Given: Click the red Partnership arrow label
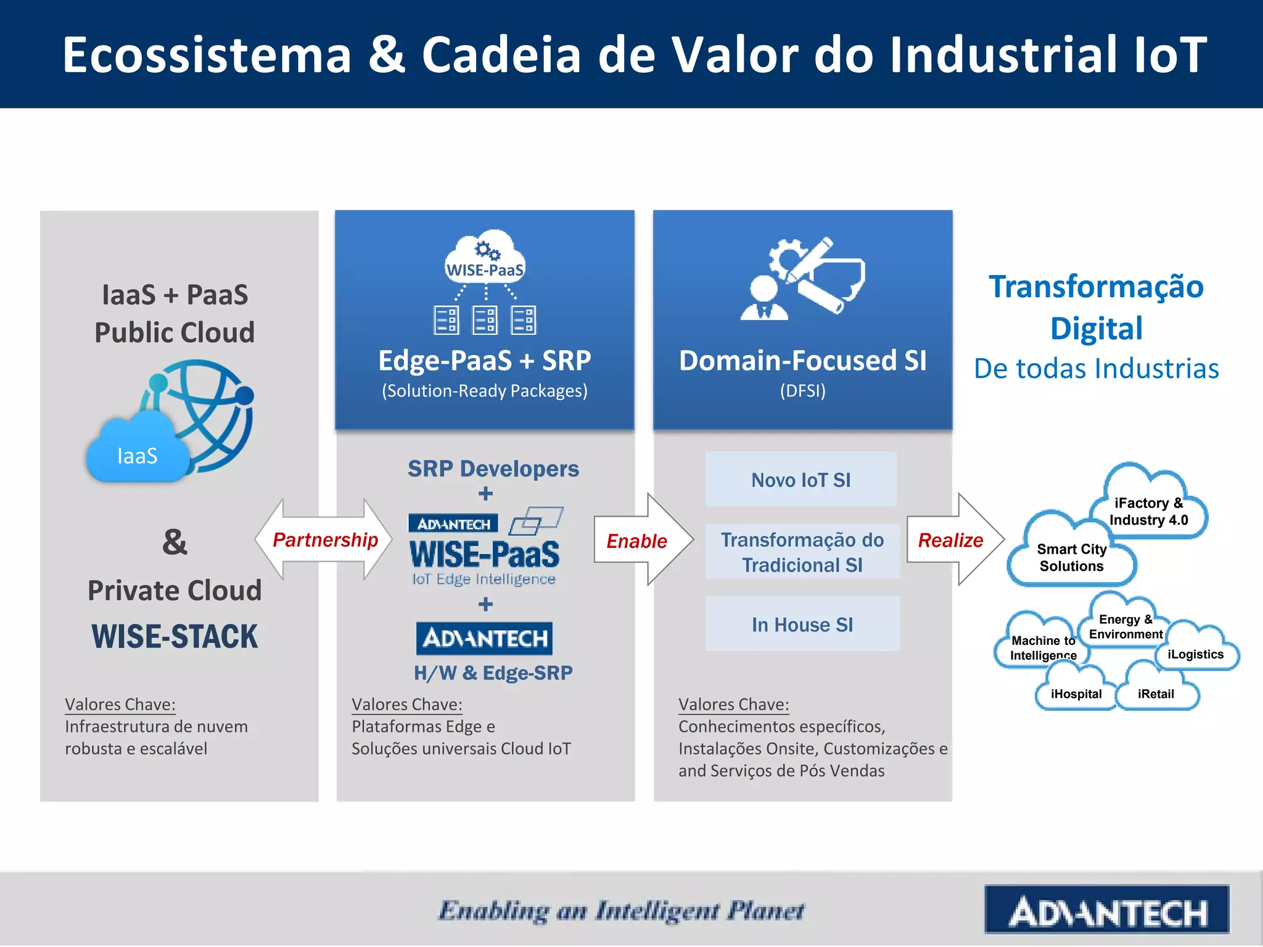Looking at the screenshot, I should tap(325, 540).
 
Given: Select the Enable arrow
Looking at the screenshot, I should tap(638, 541).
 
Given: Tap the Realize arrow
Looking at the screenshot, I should tap(952, 541).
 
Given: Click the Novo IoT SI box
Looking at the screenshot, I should tap(800, 480).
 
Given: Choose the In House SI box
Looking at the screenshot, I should tap(802, 625).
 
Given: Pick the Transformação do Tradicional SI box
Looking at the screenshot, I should tap(802, 552).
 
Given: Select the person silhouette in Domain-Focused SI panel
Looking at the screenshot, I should tap(763, 299).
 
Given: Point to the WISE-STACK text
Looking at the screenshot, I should tap(175, 636).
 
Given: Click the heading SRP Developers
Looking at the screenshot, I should tap(493, 469).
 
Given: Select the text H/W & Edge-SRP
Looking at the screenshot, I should tap(493, 673).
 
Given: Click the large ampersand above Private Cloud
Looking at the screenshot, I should tap(175, 543).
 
